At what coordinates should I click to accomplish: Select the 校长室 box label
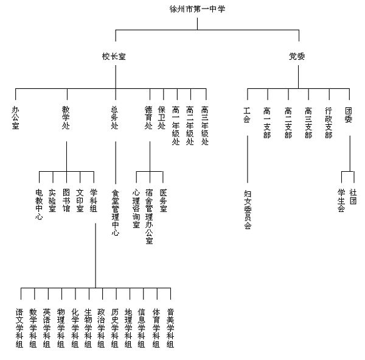click(114, 57)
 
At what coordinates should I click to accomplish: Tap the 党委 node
click(297, 57)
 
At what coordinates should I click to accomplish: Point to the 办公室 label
click(15, 118)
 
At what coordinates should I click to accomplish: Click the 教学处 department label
click(66, 118)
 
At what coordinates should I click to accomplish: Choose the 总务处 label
click(114, 118)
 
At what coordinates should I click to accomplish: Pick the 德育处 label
click(148, 118)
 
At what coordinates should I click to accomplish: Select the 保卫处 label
click(161, 118)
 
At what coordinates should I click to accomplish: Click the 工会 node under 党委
click(247, 115)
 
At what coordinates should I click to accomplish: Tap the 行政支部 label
click(328, 123)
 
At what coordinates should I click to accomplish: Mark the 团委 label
click(349, 115)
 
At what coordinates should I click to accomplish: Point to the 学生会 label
click(341, 200)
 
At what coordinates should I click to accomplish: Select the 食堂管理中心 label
click(115, 213)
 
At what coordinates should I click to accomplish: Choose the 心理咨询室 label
click(136, 208)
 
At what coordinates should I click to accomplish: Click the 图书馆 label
click(66, 200)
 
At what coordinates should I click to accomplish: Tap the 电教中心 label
click(39, 204)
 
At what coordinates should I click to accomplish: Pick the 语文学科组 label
click(20, 328)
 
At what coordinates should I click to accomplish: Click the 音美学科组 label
click(171, 328)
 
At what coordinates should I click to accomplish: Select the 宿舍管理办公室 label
click(150, 217)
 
